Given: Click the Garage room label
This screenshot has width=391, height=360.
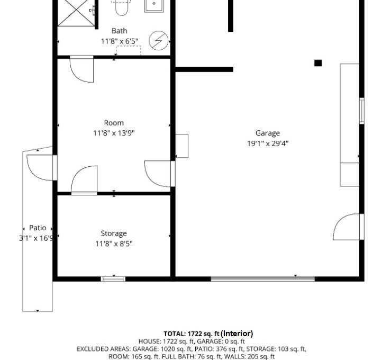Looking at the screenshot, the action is pyautogui.click(x=268, y=133).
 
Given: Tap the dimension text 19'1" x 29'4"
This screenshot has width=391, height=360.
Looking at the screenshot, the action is pyautogui.click(x=268, y=143).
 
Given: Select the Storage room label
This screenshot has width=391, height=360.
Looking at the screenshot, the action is pyautogui.click(x=114, y=233).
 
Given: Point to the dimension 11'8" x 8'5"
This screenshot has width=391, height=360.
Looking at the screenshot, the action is pyautogui.click(x=114, y=244).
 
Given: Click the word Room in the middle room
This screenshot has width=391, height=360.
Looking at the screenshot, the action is pyautogui.click(x=114, y=123).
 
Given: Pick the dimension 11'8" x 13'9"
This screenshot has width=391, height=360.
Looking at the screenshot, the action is pyautogui.click(x=114, y=133).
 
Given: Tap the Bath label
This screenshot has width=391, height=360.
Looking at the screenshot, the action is pyautogui.click(x=119, y=31).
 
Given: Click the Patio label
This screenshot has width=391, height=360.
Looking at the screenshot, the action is pyautogui.click(x=38, y=228).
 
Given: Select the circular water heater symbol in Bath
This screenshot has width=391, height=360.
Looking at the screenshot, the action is pyautogui.click(x=159, y=40).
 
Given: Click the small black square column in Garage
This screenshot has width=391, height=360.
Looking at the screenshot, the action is pyautogui.click(x=318, y=63).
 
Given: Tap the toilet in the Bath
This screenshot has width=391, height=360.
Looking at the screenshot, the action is pyautogui.click(x=122, y=7).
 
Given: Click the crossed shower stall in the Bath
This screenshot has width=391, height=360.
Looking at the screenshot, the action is pyautogui.click(x=76, y=13).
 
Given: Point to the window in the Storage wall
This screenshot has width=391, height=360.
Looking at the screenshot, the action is pyautogui.click(x=113, y=279).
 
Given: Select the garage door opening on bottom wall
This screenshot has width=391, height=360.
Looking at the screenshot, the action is pyautogui.click(x=263, y=279).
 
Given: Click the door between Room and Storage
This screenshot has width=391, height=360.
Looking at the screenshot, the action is pyautogui.click(x=84, y=180).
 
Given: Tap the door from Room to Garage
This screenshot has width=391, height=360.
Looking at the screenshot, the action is pyautogui.click(x=160, y=174).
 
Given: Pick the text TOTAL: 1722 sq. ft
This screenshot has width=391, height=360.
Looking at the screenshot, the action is pyautogui.click(x=192, y=334).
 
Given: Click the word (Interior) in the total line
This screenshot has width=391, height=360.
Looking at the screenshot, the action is pyautogui.click(x=237, y=334).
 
